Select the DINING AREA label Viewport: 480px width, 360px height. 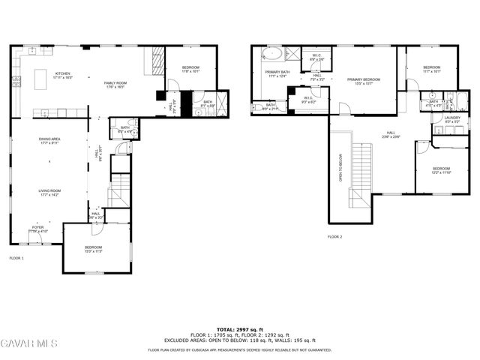50,139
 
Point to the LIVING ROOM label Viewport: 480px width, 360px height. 50,190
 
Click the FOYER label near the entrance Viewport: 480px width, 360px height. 37,227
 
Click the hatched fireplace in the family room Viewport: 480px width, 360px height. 157,59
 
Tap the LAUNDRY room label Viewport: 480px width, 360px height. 451,118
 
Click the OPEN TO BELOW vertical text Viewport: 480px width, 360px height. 341,169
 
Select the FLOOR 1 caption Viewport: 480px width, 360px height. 16,258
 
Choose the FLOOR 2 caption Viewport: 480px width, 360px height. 334,237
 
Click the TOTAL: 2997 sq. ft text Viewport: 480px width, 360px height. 240,329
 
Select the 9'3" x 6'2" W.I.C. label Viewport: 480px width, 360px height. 308,101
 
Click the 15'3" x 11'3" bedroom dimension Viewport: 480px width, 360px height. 93,251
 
